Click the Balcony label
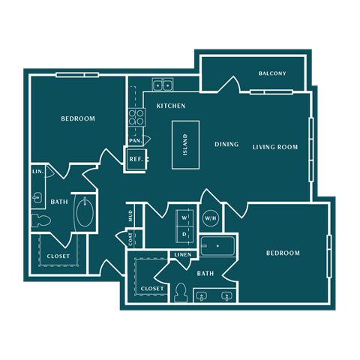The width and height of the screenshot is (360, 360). (272, 73)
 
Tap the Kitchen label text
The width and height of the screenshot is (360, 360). (171, 106)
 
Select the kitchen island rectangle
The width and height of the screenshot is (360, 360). (185, 145)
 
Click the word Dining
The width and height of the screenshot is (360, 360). (226, 145)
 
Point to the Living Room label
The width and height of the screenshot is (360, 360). (275, 147)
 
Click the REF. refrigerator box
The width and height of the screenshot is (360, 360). (136, 159)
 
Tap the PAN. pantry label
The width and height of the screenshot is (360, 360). (135, 140)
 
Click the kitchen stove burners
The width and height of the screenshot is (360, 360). (136, 116)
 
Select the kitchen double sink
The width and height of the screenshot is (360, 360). (163, 84)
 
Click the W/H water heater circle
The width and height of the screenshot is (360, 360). (210, 218)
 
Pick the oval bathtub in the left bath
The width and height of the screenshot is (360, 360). (85, 214)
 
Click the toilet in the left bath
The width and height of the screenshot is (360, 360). (40, 220)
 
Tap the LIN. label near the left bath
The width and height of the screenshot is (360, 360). (37, 172)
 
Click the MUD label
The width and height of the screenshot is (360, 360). (130, 216)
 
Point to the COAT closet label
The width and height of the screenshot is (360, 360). (130, 239)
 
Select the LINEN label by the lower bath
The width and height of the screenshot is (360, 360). (183, 255)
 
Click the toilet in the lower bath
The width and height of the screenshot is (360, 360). (181, 292)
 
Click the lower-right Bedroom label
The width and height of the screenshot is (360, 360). (283, 253)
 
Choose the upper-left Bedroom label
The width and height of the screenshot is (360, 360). (78, 119)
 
